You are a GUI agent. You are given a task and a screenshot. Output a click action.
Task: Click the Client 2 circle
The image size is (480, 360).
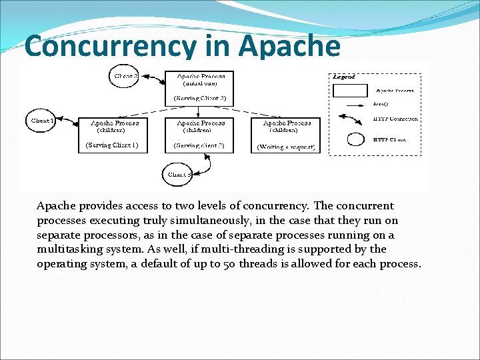click(126, 77)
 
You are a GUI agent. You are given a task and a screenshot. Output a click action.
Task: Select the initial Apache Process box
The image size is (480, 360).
click(199, 87)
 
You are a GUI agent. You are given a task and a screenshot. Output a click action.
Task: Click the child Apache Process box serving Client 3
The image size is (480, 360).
click(199, 134)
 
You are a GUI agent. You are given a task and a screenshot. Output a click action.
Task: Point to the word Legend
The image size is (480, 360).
click(344, 77)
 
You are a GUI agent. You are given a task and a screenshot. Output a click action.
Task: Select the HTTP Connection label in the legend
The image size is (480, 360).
click(395, 119)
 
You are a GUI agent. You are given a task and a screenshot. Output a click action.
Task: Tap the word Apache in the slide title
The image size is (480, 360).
click(289, 47)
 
